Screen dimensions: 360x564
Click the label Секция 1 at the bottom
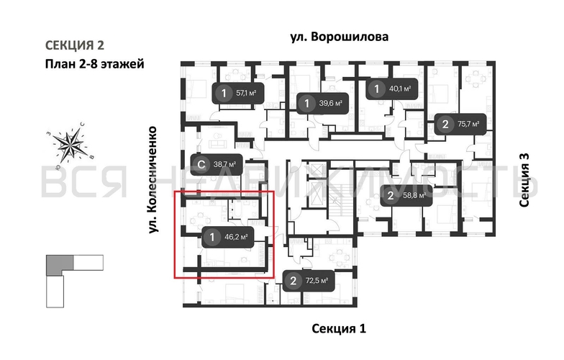pos(339,329)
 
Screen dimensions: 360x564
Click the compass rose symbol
pos(70,145)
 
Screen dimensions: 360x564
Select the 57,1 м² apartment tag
pos(237,93)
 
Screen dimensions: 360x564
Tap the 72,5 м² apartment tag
pos(309,281)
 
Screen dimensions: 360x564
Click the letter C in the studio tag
pos(201,164)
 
